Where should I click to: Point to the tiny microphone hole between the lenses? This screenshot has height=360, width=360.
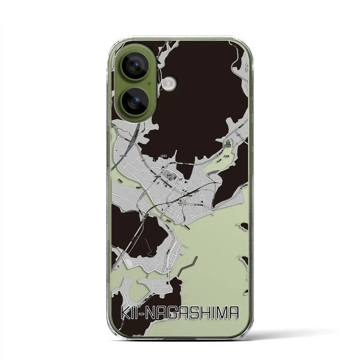tap(149, 83)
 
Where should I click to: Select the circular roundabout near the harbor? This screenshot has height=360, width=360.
tap(170, 269)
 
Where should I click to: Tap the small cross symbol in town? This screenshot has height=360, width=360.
tap(186, 203)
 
